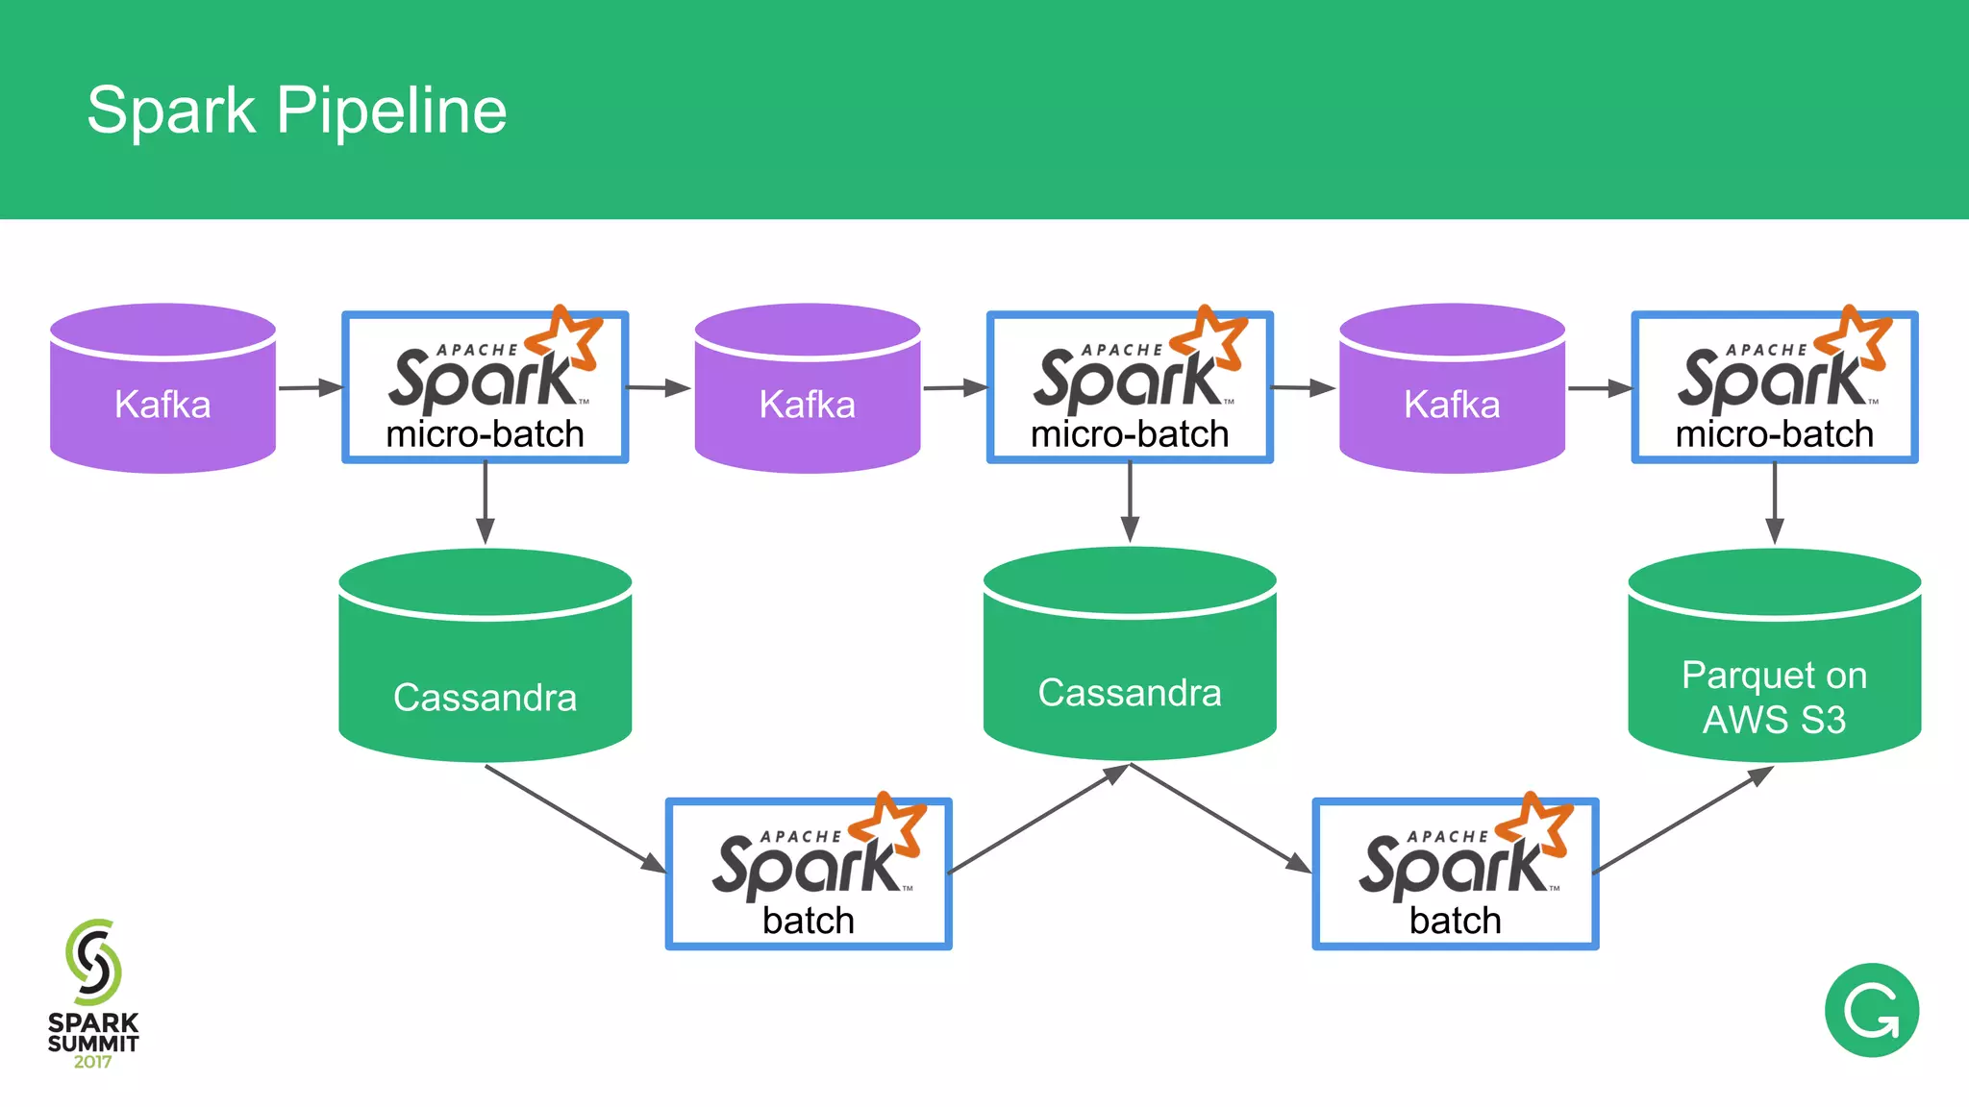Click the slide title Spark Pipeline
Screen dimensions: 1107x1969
click(296, 110)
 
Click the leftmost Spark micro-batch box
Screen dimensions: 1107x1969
click(485, 388)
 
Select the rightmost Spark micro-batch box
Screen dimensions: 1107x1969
click(1774, 388)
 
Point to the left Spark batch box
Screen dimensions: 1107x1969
click(808, 874)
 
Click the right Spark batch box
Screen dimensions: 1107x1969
click(1455, 874)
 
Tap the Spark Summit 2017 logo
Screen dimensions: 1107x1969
click(93, 995)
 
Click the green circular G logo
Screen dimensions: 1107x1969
click(1871, 1010)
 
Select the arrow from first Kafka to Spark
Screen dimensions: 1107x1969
click(310, 388)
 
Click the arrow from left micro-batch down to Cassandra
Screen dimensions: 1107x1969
click(486, 503)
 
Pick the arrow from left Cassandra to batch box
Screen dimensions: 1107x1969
click(575, 819)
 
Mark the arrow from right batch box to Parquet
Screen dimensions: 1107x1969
click(1682, 820)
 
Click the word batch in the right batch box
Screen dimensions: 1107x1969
click(1455, 921)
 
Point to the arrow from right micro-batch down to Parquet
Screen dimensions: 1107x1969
click(1775, 503)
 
